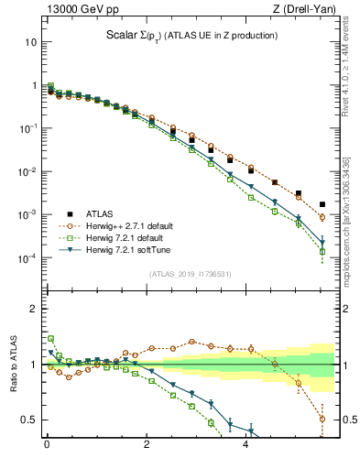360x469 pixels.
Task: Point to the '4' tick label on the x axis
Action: click(245, 449)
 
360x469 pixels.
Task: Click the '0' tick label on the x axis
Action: click(46, 449)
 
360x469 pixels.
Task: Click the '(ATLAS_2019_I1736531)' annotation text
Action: click(190, 274)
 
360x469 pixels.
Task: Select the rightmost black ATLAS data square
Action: click(322, 204)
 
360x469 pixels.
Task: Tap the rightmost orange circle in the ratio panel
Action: click(322, 420)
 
